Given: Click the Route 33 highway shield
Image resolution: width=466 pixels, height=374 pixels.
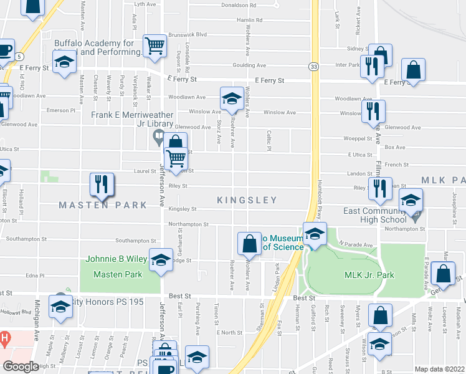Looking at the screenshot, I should [313, 66].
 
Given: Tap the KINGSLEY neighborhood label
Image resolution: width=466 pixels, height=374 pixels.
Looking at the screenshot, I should [247, 200].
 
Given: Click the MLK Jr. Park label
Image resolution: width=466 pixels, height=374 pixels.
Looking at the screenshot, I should [369, 275].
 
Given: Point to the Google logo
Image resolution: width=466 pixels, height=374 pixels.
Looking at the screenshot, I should [21, 366].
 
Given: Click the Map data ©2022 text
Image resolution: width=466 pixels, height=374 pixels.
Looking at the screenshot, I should [439, 369].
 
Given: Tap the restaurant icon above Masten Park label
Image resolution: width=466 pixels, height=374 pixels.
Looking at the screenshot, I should [100, 185].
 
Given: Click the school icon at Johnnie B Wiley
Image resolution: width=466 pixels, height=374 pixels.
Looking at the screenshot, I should [161, 260].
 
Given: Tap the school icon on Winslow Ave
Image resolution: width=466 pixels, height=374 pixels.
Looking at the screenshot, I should [232, 98].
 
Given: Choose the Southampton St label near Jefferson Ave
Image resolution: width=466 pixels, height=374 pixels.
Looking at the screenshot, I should [135, 241].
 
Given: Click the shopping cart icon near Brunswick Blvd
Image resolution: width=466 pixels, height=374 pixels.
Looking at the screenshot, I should [154, 46].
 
